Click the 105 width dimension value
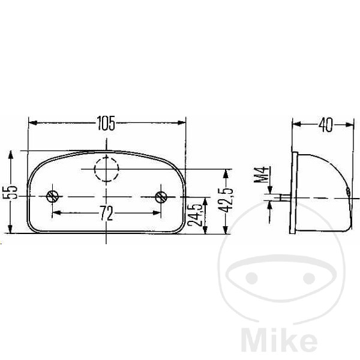[106, 123]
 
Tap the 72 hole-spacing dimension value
[107, 213]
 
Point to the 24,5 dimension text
[194, 215]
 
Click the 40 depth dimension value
[325, 125]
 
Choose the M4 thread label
[261, 175]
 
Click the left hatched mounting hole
[52, 197]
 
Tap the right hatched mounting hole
[161, 197]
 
